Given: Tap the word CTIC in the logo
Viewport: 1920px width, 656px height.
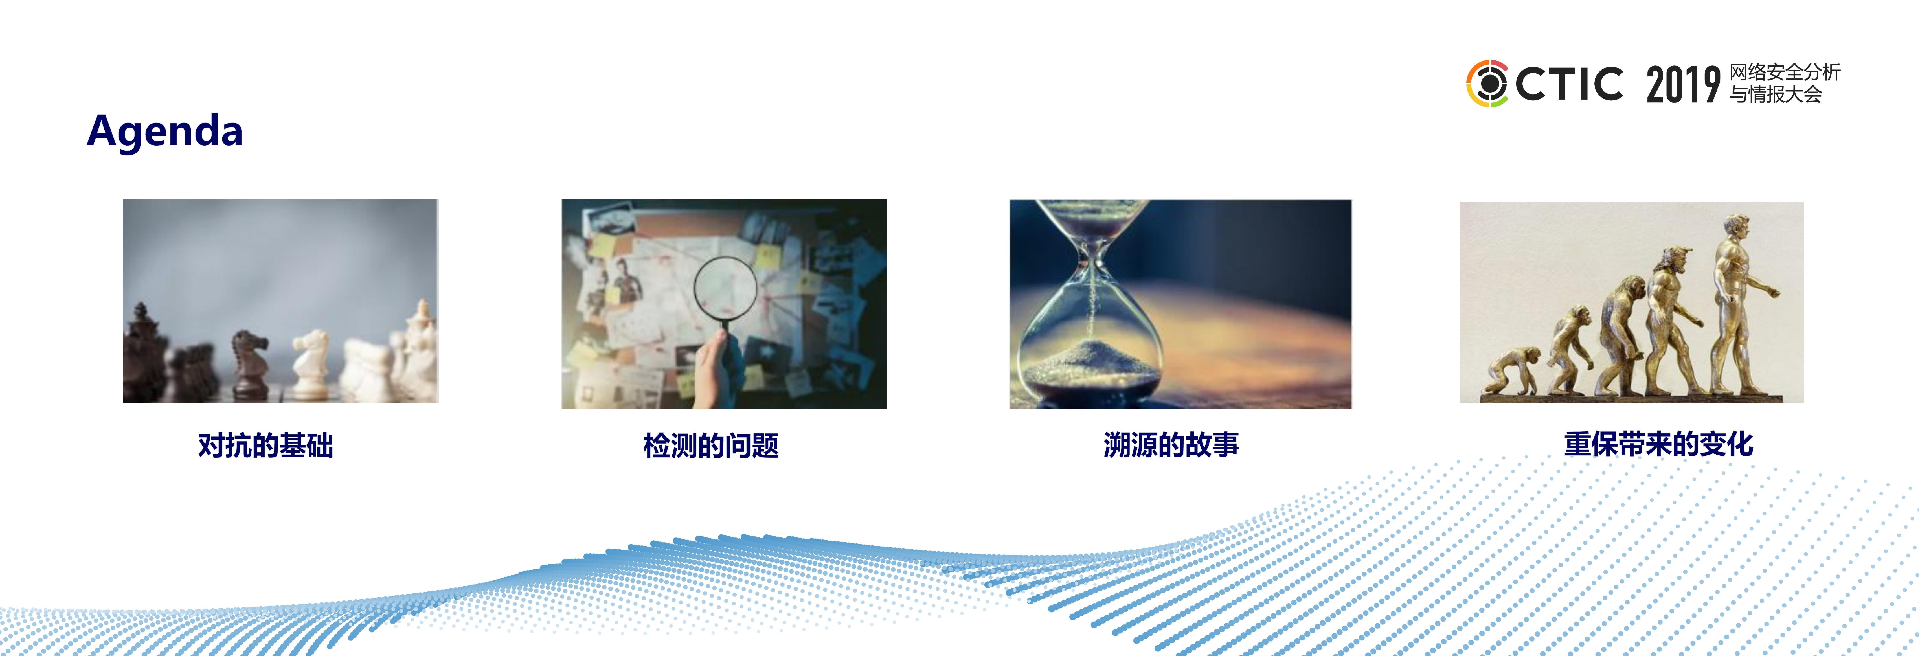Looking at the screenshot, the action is (1569, 84).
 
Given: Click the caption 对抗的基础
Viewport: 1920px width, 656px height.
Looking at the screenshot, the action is (265, 445).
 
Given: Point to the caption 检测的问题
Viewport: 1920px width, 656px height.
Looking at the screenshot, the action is (711, 445).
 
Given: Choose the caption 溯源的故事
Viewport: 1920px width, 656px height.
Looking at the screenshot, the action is (1171, 445).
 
